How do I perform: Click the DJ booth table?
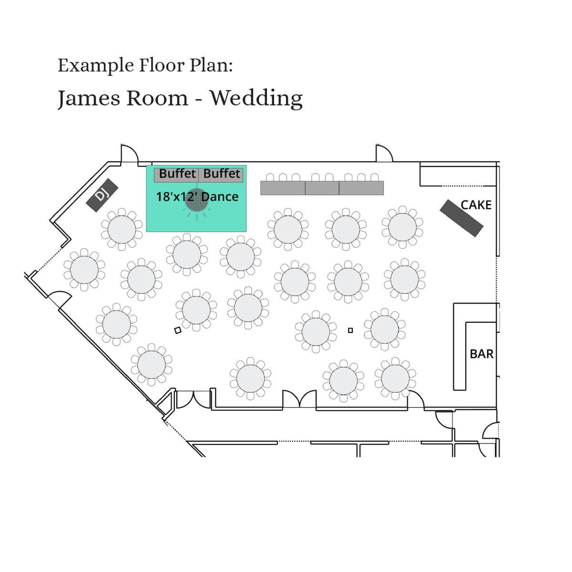tap(102, 195)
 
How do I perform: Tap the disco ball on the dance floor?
tap(196, 200)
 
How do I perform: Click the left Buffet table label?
tap(177, 174)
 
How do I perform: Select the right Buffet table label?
tap(222, 174)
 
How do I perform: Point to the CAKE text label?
tap(476, 205)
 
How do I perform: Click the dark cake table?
tap(461, 218)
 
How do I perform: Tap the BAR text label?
tap(481, 354)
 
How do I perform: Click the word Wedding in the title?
tap(256, 98)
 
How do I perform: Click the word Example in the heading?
tap(96, 66)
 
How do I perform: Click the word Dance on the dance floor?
tap(220, 197)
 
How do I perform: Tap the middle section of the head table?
tap(322, 188)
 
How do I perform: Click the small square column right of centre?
tap(350, 330)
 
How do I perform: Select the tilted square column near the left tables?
tap(178, 330)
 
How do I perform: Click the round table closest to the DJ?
tap(122, 229)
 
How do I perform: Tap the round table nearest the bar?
tap(385, 329)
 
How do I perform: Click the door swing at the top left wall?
tap(130, 153)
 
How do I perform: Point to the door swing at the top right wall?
tap(384, 153)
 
